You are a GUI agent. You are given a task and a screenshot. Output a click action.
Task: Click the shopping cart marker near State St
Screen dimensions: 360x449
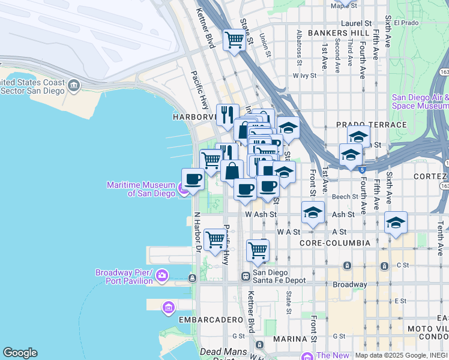[x=234, y=40]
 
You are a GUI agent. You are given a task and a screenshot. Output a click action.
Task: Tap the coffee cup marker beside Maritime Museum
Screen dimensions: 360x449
[x=193, y=179]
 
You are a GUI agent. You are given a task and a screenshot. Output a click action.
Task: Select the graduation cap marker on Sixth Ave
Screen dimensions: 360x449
[x=396, y=223]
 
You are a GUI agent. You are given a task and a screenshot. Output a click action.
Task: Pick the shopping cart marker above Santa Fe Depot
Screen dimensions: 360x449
[x=258, y=250]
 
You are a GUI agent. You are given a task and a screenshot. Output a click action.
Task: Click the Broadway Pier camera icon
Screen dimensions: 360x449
[x=162, y=276]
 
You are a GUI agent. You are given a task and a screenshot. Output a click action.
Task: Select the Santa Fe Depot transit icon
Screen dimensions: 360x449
[x=246, y=276]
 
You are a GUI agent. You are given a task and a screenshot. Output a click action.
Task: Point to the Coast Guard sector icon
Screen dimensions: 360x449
[x=74, y=85]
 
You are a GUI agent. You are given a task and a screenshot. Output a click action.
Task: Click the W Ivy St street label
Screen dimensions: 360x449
[x=304, y=76]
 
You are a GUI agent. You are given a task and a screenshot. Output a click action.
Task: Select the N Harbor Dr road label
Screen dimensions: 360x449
[x=196, y=228]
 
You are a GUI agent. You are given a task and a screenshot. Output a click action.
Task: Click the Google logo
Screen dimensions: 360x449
[x=20, y=353]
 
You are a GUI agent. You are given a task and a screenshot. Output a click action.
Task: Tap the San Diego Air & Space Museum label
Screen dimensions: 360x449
[x=420, y=101]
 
